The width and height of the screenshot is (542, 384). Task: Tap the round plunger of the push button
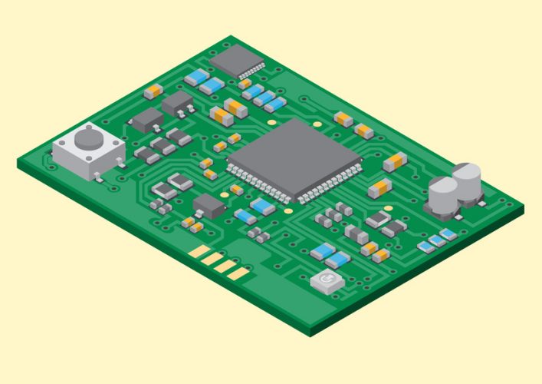(88, 140)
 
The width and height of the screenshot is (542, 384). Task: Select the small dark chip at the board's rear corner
(235, 58)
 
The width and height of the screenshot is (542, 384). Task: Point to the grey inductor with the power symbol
(327, 281)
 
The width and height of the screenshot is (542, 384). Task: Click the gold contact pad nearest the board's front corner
(239, 273)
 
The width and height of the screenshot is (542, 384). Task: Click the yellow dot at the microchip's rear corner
(271, 118)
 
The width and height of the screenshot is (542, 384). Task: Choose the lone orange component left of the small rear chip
(153, 91)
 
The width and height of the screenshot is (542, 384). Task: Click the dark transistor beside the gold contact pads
(209, 206)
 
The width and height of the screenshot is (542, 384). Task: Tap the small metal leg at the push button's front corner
(97, 180)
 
